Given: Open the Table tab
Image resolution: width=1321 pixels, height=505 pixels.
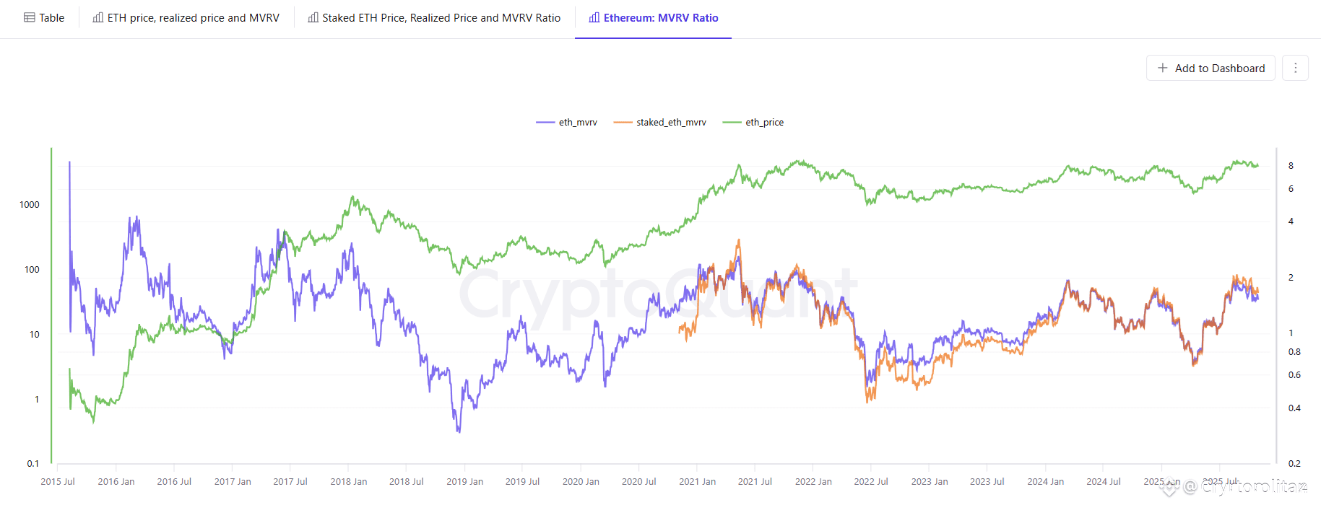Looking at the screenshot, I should tap(44, 18).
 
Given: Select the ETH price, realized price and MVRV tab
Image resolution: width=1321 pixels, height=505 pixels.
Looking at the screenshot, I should tap(186, 18).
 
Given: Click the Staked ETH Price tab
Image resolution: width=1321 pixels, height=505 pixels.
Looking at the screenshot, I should tap(434, 18).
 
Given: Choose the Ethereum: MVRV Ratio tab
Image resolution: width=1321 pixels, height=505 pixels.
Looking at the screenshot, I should tap(653, 18).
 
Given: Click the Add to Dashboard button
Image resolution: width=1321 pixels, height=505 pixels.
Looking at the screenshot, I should tap(1210, 68).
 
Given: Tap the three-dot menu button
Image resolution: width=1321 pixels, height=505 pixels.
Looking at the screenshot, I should tap(1295, 68).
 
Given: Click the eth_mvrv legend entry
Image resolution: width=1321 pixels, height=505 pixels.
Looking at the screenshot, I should tap(567, 123).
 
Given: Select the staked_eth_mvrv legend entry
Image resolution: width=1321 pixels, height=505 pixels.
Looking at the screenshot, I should tap(660, 123).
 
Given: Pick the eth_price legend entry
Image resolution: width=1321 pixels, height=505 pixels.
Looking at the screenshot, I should tap(753, 123).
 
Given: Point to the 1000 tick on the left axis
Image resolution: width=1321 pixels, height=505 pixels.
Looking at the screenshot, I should tap(30, 205).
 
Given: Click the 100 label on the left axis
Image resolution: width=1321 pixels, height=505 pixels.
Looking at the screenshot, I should tap(32, 270).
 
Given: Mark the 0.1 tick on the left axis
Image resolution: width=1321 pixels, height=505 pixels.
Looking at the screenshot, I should tap(33, 464).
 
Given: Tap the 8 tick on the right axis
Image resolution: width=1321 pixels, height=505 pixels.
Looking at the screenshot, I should tap(1291, 166).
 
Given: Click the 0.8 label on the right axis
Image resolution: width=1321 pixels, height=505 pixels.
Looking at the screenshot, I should tap(1294, 352).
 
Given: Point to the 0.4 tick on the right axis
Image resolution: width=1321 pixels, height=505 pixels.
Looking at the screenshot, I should tap(1294, 408).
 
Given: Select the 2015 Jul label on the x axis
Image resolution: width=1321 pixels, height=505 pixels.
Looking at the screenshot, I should tap(58, 482).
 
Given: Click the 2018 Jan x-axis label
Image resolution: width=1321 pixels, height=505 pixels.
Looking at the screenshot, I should tap(349, 482).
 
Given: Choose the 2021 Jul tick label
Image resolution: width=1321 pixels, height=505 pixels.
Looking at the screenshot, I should tap(755, 482).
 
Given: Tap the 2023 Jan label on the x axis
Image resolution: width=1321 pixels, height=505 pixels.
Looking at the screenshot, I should tap(930, 482).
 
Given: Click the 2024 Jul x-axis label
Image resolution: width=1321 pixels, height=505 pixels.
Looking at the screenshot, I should tap(1104, 482).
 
